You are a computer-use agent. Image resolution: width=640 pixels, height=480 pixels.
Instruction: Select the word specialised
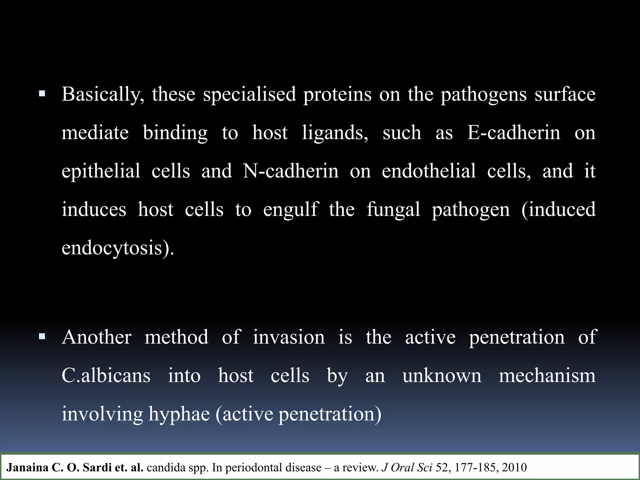(249, 94)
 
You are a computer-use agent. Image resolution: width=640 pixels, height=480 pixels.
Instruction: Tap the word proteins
(337, 94)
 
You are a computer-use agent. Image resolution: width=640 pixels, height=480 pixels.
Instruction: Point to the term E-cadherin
(514, 133)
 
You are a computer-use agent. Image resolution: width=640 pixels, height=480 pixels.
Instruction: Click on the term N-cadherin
(291, 171)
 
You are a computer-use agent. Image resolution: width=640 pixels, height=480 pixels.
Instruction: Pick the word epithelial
(101, 171)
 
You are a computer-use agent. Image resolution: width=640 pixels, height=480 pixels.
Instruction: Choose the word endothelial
(429, 171)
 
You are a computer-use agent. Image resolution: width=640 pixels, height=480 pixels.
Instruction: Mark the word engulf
(291, 210)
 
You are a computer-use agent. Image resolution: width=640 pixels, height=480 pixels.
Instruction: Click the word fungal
(393, 210)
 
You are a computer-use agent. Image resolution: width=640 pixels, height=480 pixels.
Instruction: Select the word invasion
(289, 337)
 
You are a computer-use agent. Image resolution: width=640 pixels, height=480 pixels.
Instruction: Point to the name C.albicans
(106, 376)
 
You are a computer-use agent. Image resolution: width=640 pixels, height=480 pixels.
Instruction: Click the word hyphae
(179, 414)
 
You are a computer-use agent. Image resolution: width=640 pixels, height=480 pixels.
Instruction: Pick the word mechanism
(547, 376)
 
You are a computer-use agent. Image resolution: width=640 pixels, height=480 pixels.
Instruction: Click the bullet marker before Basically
(42, 93)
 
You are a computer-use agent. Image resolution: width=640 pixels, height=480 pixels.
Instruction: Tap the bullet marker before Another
(42, 337)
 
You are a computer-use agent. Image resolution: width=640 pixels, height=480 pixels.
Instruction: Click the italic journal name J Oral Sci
(407, 467)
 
